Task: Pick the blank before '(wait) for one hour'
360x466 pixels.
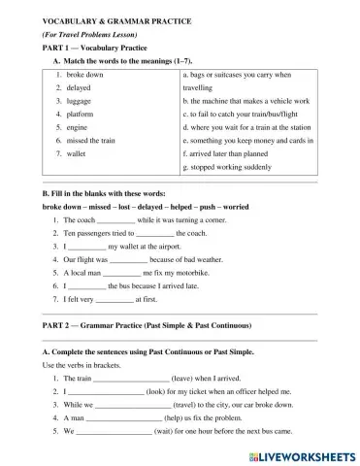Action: (114, 430)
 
